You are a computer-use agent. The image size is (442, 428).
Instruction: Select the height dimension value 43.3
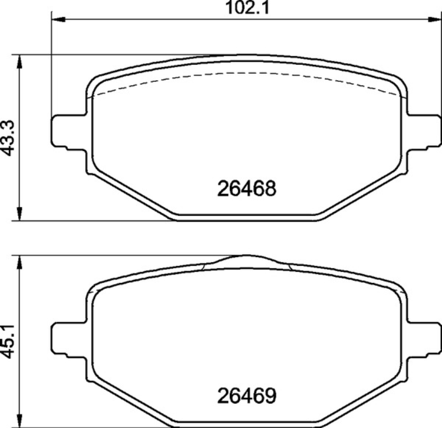[8, 139]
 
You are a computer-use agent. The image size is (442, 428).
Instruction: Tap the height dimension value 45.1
[8, 342]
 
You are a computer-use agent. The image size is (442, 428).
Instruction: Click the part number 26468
[247, 189]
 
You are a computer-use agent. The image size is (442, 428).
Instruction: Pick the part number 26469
[247, 393]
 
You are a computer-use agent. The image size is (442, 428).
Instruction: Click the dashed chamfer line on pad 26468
[248, 74]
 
